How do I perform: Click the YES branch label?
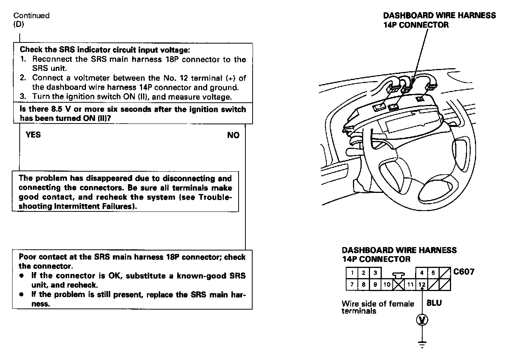[x=33, y=135]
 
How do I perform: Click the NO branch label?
[x=233, y=135]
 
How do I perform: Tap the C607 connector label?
[x=464, y=272]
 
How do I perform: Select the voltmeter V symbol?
[x=422, y=320]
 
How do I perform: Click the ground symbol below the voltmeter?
[x=422, y=344]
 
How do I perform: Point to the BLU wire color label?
[x=434, y=303]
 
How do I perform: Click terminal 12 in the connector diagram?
[x=422, y=285]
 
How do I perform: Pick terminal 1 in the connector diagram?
[x=352, y=273]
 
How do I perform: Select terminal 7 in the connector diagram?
[x=352, y=285]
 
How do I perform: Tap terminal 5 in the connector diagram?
[x=433, y=273]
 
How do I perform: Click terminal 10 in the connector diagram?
[x=387, y=285]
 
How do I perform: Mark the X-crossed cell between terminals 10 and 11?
[x=398, y=285]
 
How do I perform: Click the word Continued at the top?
[x=31, y=16]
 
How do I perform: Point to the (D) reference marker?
[x=19, y=24]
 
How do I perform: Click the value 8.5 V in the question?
[x=57, y=110]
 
